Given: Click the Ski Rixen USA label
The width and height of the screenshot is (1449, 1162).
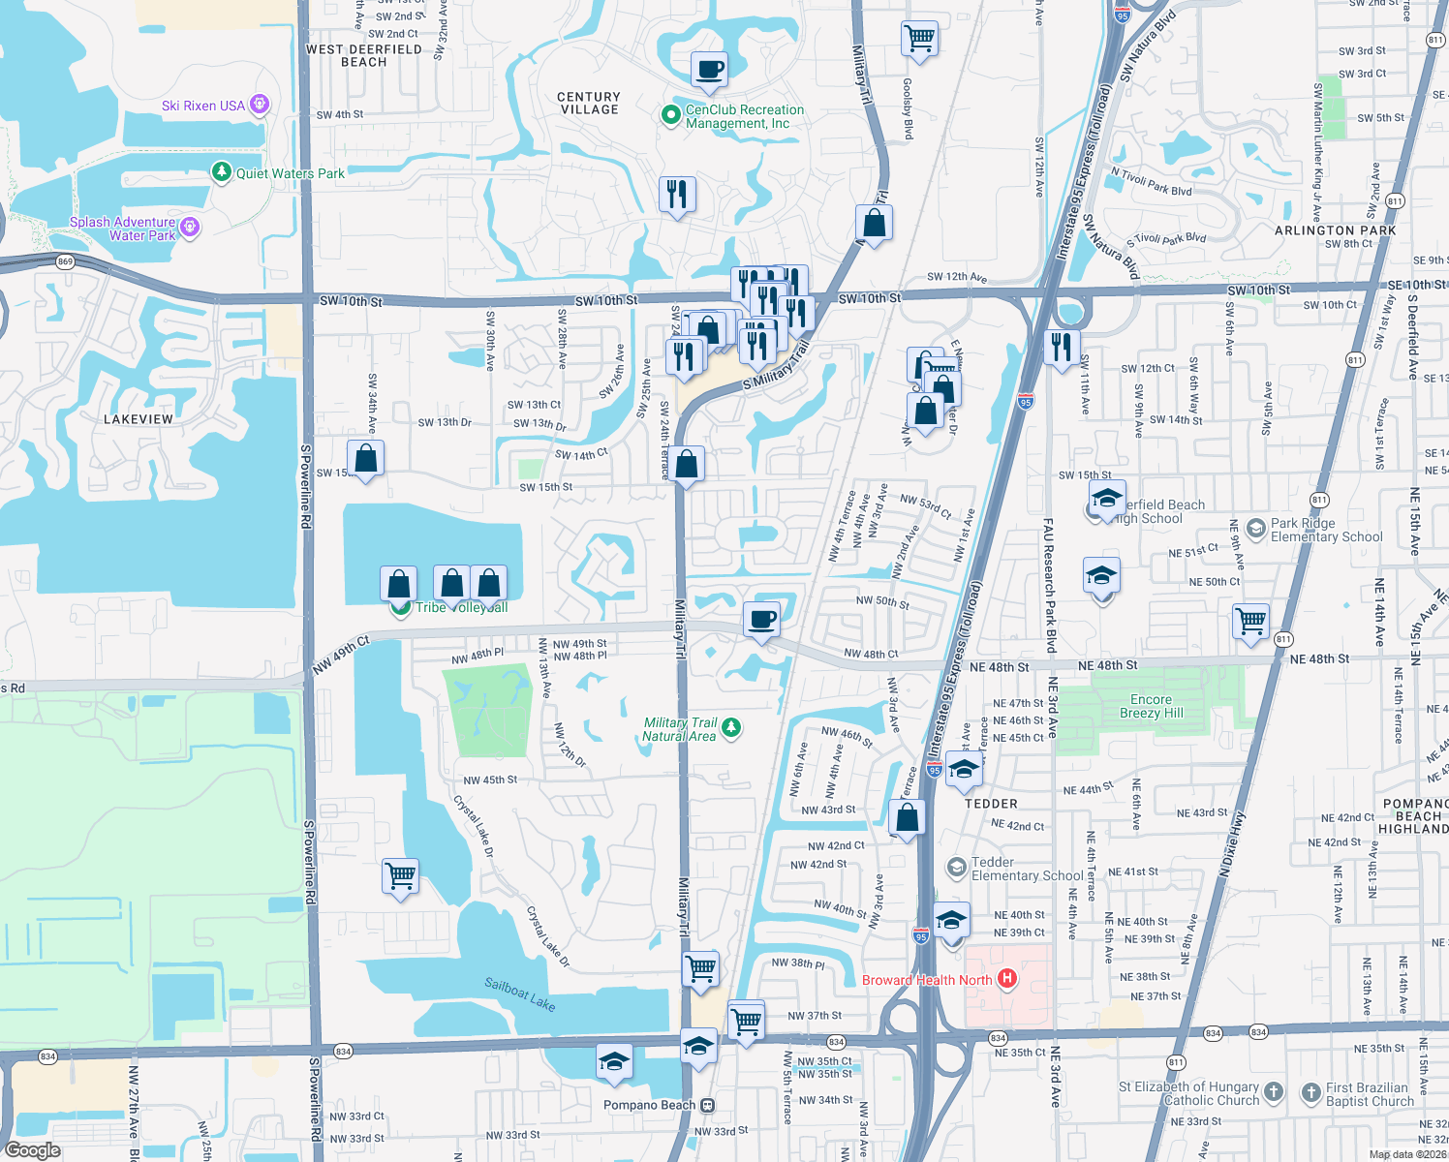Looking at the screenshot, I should (203, 106).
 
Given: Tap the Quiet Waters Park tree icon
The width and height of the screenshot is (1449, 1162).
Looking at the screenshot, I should (222, 172).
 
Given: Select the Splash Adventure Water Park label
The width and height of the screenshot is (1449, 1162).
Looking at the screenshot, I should (123, 229).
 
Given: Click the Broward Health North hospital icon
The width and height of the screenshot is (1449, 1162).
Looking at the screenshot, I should (1007, 979).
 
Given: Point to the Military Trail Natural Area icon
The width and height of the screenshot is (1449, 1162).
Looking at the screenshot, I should (732, 727).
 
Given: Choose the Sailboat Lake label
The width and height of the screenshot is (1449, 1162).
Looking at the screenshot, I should (520, 994).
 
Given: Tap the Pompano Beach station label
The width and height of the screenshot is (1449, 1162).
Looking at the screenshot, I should (649, 1105).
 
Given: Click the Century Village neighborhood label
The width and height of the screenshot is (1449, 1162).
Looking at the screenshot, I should (589, 104).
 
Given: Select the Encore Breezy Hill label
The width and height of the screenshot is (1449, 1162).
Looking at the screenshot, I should (1151, 706).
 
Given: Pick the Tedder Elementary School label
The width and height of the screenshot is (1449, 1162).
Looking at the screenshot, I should (1027, 869).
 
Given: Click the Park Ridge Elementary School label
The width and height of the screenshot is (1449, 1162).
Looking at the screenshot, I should (1326, 530).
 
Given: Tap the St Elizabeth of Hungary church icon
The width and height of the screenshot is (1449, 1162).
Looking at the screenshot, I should (1274, 1092).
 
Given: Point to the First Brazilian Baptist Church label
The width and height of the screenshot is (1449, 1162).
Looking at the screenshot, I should (1370, 1094).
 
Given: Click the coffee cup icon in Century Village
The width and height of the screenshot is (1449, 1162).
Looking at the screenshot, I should (709, 70).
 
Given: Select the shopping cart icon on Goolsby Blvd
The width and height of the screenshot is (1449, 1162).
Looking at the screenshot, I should (919, 39).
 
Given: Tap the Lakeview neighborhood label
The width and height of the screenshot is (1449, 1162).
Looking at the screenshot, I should (139, 419).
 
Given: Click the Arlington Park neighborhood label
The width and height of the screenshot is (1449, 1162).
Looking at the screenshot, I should (1335, 230).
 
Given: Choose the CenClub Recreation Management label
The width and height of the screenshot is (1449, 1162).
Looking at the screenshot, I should (744, 116).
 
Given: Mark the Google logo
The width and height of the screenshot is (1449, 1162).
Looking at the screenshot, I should (33, 1150).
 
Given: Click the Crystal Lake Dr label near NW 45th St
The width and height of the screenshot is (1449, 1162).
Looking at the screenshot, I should (474, 826).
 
